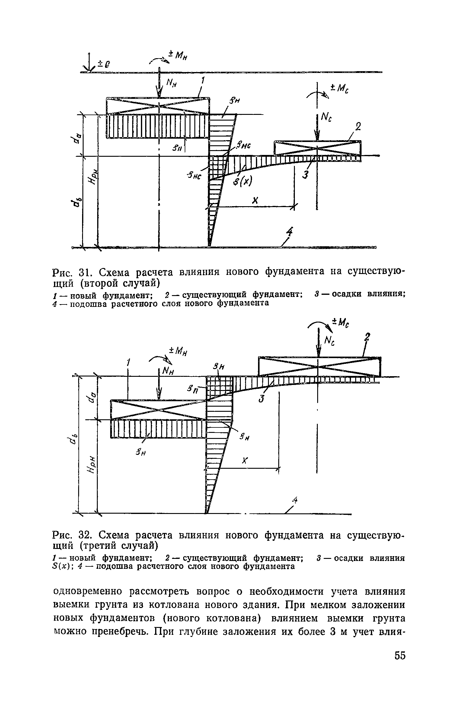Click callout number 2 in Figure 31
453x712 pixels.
point(358,127)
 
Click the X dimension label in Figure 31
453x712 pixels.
point(254,201)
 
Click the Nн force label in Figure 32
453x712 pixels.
point(169,371)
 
